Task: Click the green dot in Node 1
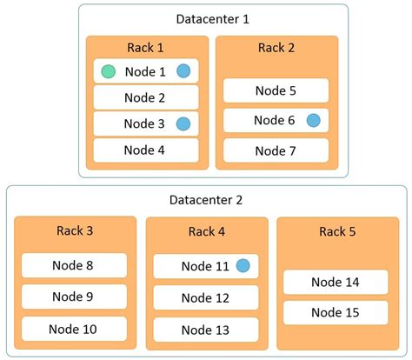[x=108, y=71]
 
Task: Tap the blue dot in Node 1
[x=183, y=71]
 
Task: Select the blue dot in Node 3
[x=183, y=123]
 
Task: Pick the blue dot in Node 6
[x=313, y=120]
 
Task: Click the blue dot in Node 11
[x=243, y=265]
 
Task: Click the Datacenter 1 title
[x=212, y=19]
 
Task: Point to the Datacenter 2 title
[x=206, y=200]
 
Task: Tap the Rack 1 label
[x=146, y=48]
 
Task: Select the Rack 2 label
[x=276, y=48]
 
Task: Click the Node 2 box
[x=146, y=97]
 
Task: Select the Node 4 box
[x=146, y=150]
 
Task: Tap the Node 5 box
[x=276, y=90]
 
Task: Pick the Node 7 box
[x=276, y=150]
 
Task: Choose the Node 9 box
[x=74, y=297]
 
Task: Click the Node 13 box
[x=206, y=329]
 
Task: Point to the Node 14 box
[x=336, y=282]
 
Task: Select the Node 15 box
[x=336, y=312]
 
